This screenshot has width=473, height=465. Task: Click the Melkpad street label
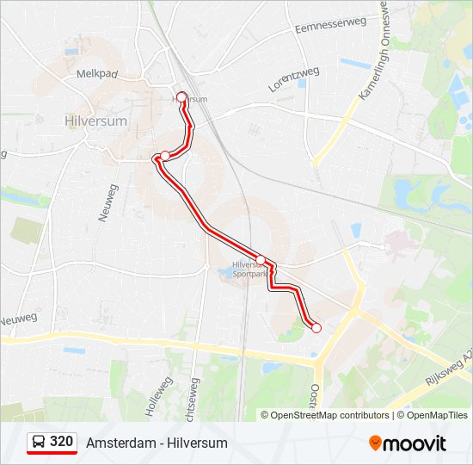pyautogui.click(x=95, y=75)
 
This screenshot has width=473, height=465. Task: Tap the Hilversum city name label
pyautogui.click(x=95, y=121)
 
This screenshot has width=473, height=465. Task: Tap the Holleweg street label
pyautogui.click(x=158, y=396)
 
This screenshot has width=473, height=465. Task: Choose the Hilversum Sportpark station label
pyautogui.click(x=250, y=270)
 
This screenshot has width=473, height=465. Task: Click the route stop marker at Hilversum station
pyautogui.click(x=181, y=97)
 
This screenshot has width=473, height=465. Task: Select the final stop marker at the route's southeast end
pyautogui.click(x=316, y=327)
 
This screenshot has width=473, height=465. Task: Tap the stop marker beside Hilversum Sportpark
pyautogui.click(x=261, y=259)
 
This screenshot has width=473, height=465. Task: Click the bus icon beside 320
pyautogui.click(x=39, y=442)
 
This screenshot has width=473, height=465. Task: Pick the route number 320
pyautogui.click(x=61, y=442)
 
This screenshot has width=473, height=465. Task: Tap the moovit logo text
pyautogui.click(x=415, y=443)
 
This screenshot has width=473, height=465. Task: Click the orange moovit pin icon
pyautogui.click(x=375, y=443)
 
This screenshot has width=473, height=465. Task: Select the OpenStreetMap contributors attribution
pyautogui.click(x=329, y=415)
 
